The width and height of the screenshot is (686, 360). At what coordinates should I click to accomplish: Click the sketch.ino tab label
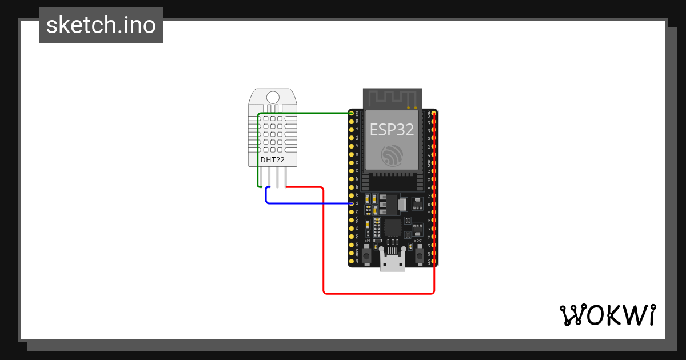pyautogui.click(x=101, y=25)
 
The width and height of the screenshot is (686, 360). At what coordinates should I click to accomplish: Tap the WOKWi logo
pyautogui.click(x=607, y=315)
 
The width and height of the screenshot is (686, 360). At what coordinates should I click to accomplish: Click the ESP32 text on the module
pyautogui.click(x=392, y=129)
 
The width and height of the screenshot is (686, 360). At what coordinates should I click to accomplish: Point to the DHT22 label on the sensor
pyautogui.click(x=273, y=160)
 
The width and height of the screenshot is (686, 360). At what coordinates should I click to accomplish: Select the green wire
pyautogui.click(x=303, y=113)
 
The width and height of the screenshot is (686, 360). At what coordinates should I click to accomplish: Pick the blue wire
pyautogui.click(x=309, y=203)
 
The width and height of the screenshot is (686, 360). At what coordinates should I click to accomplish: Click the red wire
pyautogui.click(x=377, y=293)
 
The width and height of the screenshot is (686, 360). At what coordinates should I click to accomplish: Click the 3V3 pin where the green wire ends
pyautogui.click(x=351, y=113)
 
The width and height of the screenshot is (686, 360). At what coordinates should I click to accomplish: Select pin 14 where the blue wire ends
pyautogui.click(x=351, y=203)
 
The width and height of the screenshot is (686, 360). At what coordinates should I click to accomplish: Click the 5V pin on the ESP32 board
pyautogui.click(x=351, y=261)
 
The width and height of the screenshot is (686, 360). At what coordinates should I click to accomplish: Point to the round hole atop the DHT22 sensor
pyautogui.click(x=273, y=98)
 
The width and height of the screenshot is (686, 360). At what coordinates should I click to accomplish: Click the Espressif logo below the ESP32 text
pyautogui.click(x=392, y=155)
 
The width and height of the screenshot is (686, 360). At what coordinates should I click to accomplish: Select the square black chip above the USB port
pyautogui.click(x=393, y=227)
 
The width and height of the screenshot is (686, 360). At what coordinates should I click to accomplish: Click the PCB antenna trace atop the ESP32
pyautogui.click(x=393, y=98)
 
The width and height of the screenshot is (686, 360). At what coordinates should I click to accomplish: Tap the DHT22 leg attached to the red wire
pyautogui.click(x=285, y=178)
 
